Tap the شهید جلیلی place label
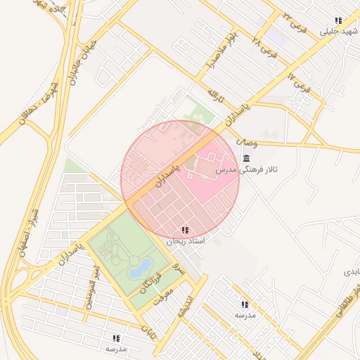pos(337,32)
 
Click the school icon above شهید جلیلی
pos(338,21)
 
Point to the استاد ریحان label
pos(185,240)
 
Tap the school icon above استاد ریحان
pos(184,230)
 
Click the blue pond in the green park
pos(139,266)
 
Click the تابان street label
pos(148,330)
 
